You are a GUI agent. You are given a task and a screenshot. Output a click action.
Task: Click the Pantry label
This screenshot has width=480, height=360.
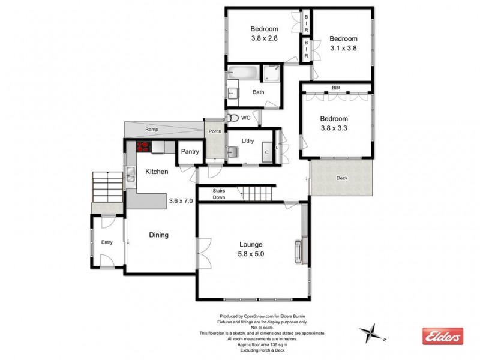[190, 152]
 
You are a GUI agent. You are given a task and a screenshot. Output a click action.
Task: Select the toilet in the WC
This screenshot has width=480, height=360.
[234, 118]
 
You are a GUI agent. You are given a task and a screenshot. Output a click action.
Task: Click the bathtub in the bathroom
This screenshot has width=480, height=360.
[242, 74]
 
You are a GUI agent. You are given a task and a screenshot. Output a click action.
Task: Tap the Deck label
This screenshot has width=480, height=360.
[341, 178]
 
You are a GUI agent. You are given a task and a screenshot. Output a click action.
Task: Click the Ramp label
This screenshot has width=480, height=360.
[151, 129]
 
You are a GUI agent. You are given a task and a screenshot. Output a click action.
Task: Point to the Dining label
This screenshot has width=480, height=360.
[158, 235]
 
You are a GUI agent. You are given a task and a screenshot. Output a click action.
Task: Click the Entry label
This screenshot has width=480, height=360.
[107, 242]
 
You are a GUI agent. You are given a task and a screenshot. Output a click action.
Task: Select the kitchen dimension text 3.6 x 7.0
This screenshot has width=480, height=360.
[181, 201]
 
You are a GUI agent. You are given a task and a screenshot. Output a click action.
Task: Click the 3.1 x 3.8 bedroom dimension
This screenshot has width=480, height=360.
[343, 49]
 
